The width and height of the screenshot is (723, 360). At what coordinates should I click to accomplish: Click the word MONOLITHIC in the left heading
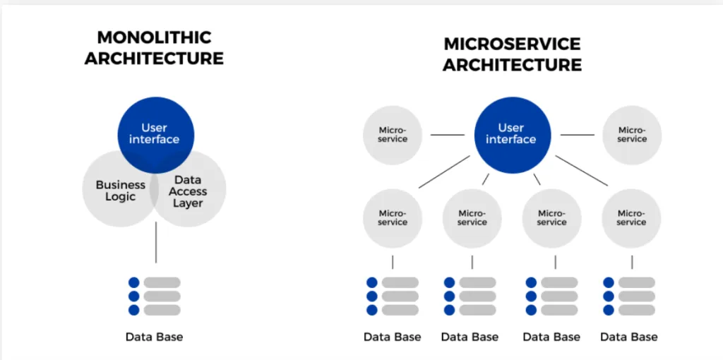tap(154, 37)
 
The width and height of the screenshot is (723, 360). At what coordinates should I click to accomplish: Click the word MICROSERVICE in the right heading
tap(512, 44)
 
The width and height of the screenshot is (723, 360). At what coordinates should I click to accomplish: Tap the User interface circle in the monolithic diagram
tap(156, 135)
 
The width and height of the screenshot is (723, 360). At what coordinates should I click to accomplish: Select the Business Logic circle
tap(120, 188)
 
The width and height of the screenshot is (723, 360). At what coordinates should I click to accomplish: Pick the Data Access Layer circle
tap(188, 188)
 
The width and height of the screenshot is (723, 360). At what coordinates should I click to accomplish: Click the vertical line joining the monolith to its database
tap(156, 242)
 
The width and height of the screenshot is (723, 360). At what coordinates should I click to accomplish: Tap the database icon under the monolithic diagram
tap(155, 296)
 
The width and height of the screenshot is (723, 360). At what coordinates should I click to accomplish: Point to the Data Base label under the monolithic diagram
tap(154, 337)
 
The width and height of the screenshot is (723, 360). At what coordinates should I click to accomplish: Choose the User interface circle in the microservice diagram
tap(513, 135)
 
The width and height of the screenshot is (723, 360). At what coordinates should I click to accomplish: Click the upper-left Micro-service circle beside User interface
tap(393, 135)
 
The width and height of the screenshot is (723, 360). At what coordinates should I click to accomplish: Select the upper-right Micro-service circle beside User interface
tap(632, 135)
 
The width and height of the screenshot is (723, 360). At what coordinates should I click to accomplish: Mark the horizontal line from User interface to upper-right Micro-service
tap(578, 135)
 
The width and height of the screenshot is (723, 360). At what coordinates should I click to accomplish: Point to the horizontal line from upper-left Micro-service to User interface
tap(448, 135)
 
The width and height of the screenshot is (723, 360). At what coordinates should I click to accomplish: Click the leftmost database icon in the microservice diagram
tap(393, 296)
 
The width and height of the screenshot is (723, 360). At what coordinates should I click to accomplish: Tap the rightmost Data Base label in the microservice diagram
tap(629, 337)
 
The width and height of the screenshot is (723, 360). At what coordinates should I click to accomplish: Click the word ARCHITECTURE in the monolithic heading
tap(154, 59)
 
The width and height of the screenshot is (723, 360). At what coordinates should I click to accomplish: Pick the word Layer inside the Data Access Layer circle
tap(188, 203)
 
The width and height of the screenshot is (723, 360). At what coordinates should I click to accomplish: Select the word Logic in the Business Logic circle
tap(120, 197)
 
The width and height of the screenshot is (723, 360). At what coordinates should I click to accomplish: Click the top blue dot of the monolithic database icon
tap(133, 282)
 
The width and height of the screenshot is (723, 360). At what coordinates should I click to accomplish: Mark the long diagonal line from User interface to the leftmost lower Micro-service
tap(445, 172)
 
